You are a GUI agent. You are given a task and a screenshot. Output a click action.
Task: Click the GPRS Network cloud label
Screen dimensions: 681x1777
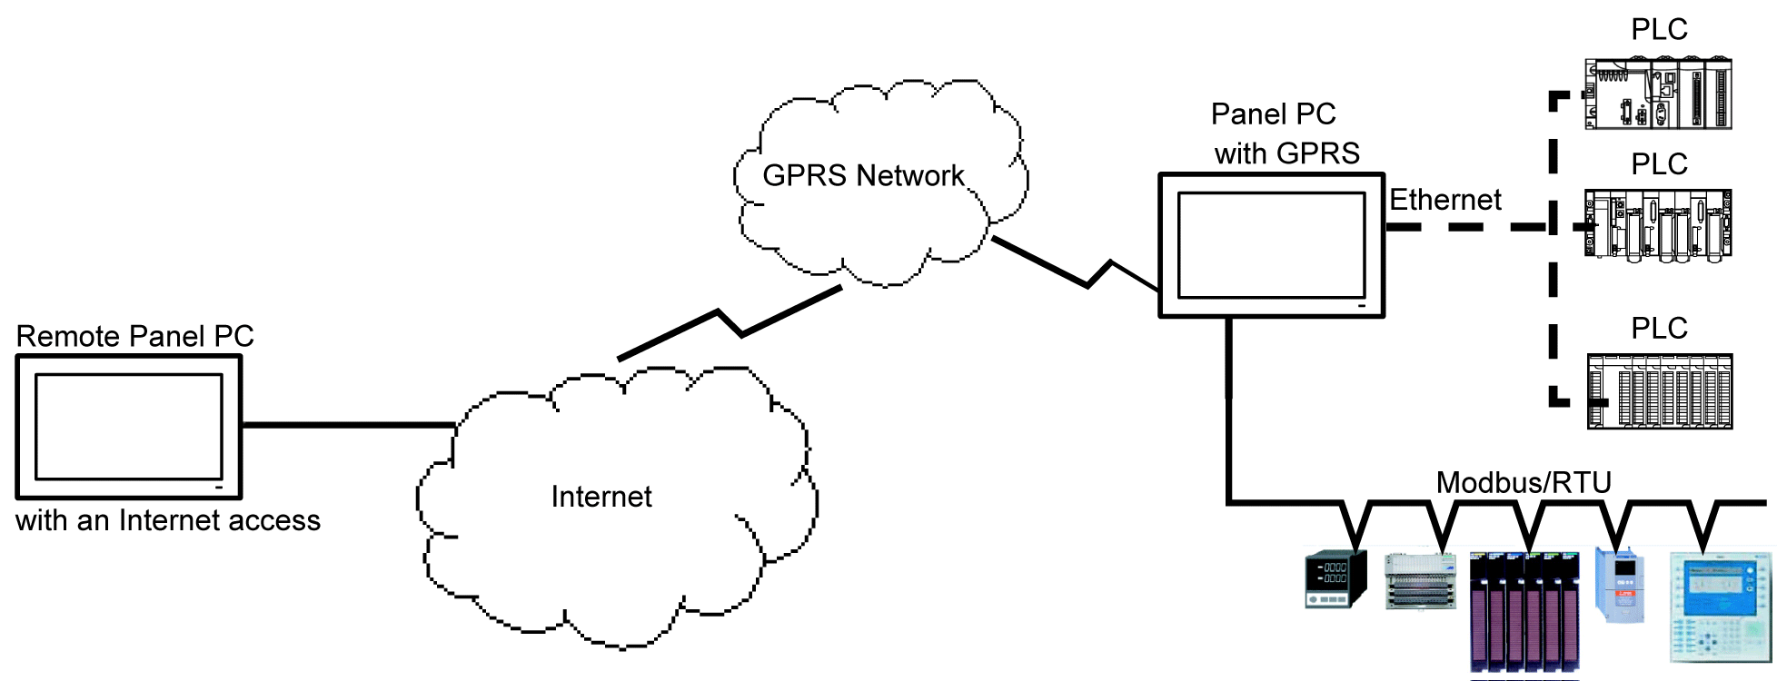pyautogui.click(x=862, y=175)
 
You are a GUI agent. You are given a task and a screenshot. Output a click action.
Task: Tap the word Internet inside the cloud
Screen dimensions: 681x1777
pyautogui.click(x=601, y=497)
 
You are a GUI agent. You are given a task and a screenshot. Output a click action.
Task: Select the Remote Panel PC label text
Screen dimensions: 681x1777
pyautogui.click(x=134, y=336)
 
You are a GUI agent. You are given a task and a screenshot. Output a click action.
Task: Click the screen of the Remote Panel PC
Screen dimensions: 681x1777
pyautogui.click(x=129, y=426)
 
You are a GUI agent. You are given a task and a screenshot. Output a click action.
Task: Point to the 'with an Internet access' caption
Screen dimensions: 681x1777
pyautogui.click(x=168, y=520)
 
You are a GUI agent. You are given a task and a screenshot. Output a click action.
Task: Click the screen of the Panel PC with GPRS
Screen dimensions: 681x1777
pyautogui.click(x=1271, y=244)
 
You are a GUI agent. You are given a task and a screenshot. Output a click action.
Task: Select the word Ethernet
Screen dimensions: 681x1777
pyautogui.click(x=1444, y=200)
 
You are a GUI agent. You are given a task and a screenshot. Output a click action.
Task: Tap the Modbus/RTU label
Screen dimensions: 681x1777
pyautogui.click(x=1524, y=482)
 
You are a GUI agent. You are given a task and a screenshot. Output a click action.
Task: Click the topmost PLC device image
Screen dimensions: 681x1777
pyautogui.click(x=1658, y=94)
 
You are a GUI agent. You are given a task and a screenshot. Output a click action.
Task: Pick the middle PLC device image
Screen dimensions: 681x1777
pyautogui.click(x=1658, y=225)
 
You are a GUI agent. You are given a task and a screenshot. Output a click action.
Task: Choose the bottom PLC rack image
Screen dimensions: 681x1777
pyautogui.click(x=1660, y=391)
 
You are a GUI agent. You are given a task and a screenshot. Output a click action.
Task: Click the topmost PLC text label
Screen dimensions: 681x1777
pyautogui.click(x=1659, y=29)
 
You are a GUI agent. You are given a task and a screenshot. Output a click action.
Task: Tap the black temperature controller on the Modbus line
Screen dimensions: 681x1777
pyautogui.click(x=1335, y=578)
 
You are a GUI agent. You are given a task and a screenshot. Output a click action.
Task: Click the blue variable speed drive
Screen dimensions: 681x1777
pyautogui.click(x=1621, y=584)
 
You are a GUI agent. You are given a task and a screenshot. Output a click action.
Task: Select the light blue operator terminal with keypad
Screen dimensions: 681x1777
pyautogui.click(x=1720, y=607)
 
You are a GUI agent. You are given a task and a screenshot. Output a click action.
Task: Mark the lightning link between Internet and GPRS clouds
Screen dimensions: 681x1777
pyautogui.click(x=730, y=324)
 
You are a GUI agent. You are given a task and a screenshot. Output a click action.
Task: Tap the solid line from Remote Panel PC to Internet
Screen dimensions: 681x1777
pyautogui.click(x=348, y=424)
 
